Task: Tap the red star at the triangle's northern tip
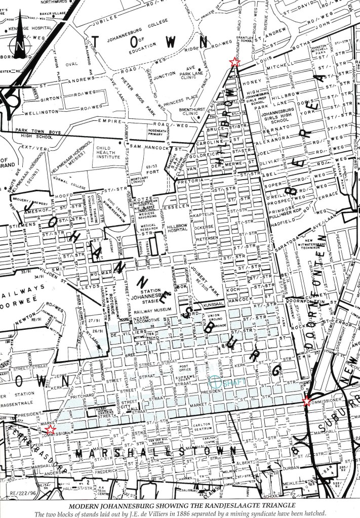pyautogui.click(x=234, y=62)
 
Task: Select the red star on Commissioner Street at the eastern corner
pyautogui.click(x=306, y=402)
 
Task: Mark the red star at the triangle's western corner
pyautogui.click(x=50, y=429)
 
